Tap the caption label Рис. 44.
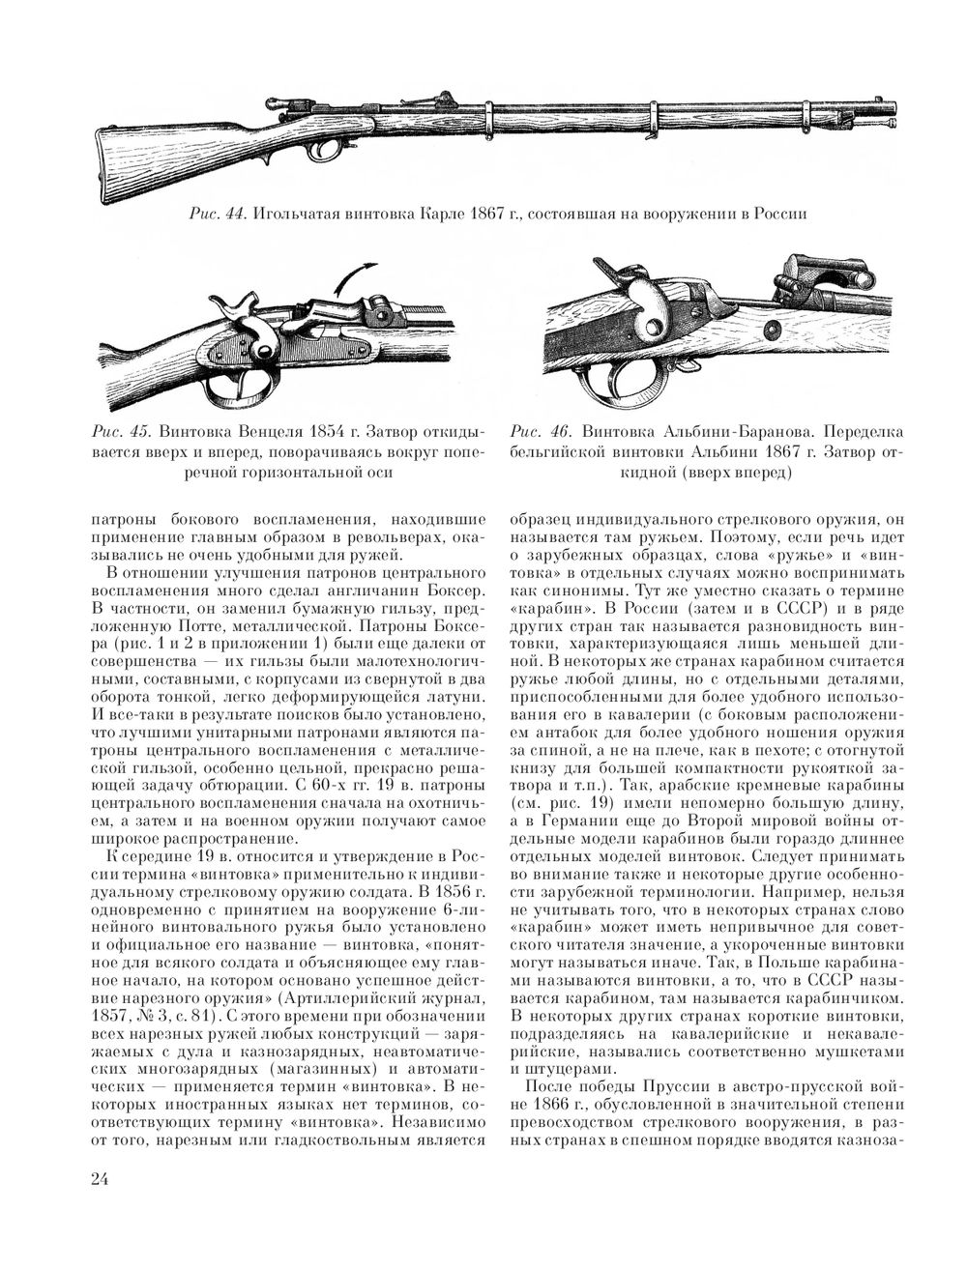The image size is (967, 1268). (x=217, y=213)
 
